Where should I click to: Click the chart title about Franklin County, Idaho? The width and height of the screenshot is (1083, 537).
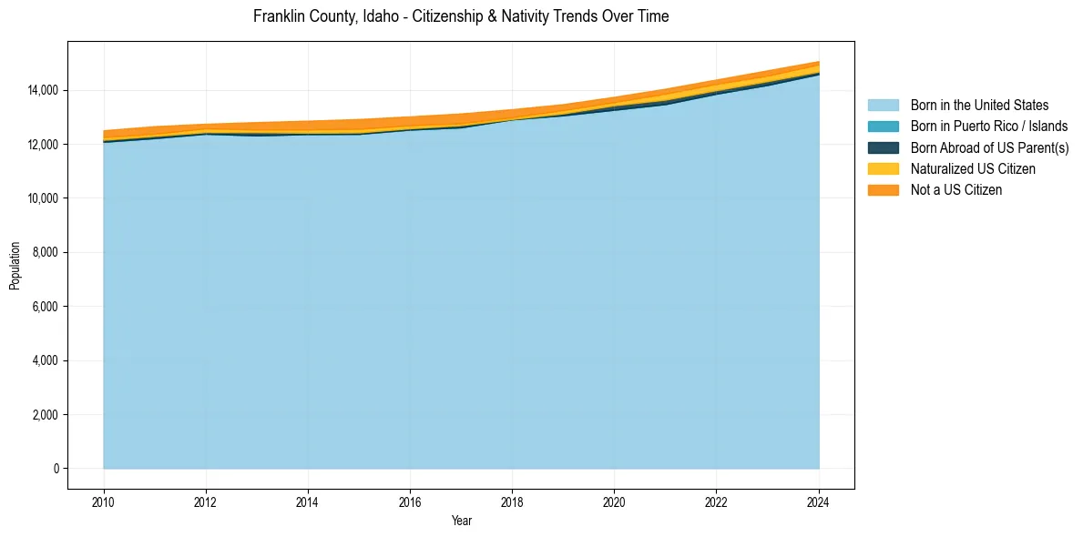(x=461, y=16)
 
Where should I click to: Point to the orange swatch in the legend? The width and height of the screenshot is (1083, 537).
(x=883, y=189)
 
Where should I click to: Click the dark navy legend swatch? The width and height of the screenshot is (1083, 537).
(x=883, y=147)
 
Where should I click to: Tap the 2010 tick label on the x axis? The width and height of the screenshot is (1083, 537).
(x=104, y=501)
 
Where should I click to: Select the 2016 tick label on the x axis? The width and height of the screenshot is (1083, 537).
(x=410, y=501)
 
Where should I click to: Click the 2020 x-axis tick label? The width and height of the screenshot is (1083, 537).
(x=615, y=501)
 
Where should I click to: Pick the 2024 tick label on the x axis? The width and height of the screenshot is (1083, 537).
(x=819, y=501)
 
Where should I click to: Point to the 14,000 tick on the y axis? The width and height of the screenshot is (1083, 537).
(x=43, y=90)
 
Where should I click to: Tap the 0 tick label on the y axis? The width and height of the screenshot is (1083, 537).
(x=56, y=469)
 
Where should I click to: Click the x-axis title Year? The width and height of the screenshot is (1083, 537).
(x=462, y=521)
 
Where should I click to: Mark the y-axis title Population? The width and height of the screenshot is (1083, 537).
(x=15, y=266)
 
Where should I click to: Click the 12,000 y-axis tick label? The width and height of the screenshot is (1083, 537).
(x=43, y=145)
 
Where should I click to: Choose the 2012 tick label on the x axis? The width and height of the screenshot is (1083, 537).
(x=206, y=501)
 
